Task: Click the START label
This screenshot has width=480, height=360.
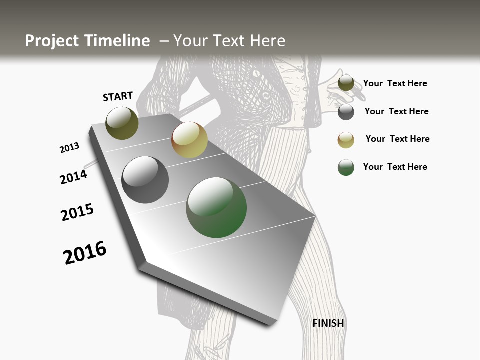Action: tap(118, 96)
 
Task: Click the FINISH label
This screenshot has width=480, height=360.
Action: tap(328, 323)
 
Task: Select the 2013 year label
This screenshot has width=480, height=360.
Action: tap(69, 148)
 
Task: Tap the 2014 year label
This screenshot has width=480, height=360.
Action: tap(73, 177)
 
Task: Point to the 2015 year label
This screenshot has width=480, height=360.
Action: tap(77, 212)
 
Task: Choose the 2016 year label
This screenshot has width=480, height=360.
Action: tap(85, 252)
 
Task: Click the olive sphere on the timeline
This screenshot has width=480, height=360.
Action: tap(122, 123)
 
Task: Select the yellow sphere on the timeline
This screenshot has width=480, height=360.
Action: tap(189, 140)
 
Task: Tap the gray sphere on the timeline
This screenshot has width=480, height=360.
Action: tap(145, 180)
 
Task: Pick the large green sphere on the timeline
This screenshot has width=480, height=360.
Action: tap(216, 207)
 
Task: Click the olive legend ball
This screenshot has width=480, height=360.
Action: tap(346, 83)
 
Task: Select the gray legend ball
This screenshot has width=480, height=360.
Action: tap(346, 112)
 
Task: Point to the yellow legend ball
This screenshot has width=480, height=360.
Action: tap(346, 140)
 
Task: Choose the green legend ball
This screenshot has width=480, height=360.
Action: tap(346, 167)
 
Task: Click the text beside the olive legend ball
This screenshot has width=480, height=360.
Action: tap(395, 83)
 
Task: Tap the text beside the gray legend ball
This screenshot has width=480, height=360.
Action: tap(396, 111)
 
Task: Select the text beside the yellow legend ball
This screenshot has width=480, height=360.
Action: tap(397, 139)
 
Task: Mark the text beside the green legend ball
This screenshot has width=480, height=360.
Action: tap(395, 167)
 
